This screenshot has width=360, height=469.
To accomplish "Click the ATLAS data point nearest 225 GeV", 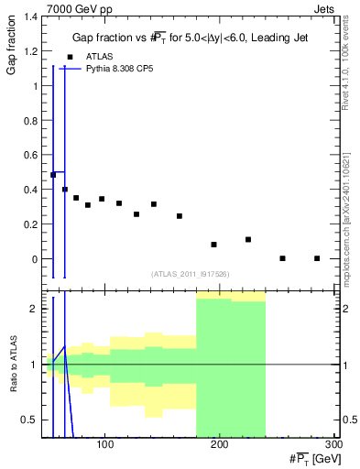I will click(x=248, y=239).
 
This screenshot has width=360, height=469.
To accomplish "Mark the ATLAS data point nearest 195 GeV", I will click(x=213, y=245).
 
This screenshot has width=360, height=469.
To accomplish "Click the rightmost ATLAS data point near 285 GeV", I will click(x=317, y=258).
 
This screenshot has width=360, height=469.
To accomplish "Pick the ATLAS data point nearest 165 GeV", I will click(x=180, y=216).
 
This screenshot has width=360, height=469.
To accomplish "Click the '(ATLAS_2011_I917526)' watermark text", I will click(x=190, y=273).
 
